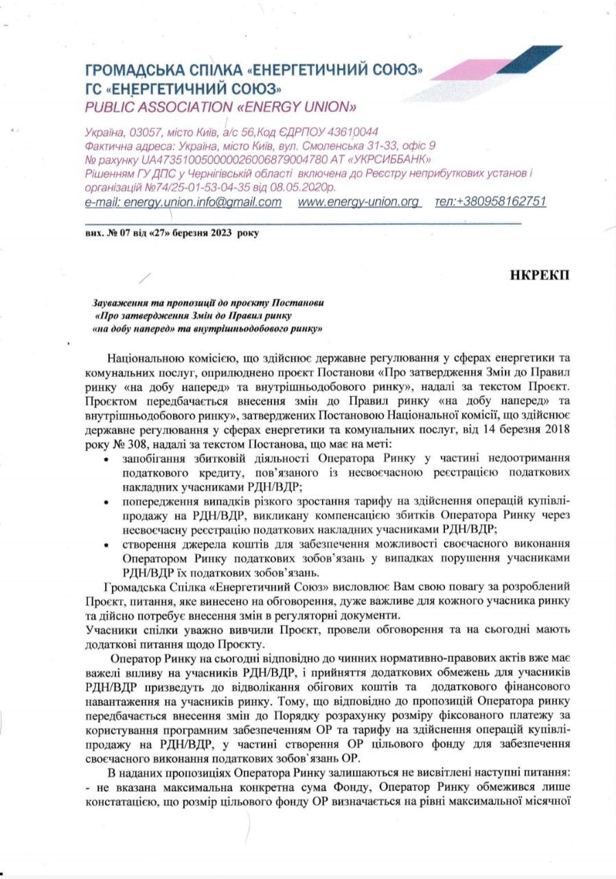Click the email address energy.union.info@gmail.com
click(183, 202)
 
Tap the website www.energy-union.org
click(359, 202)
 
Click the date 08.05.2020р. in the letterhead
click(301, 187)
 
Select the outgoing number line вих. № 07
click(106, 233)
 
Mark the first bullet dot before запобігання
click(105, 457)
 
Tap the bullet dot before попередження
click(105, 502)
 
